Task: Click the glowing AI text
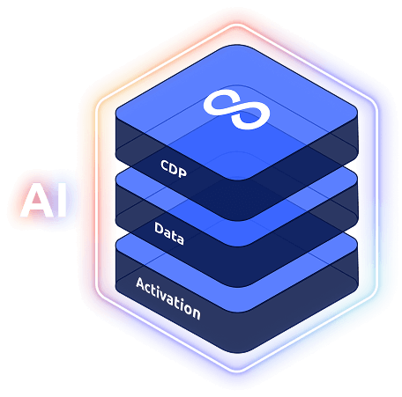[x=43, y=200]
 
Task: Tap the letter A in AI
[x=37, y=200]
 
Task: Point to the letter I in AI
[x=62, y=200]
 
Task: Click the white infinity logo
[x=236, y=109]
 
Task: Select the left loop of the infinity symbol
[x=220, y=103]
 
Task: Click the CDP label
[x=174, y=169]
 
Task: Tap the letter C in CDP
[x=165, y=165]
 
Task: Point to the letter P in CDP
[x=182, y=173]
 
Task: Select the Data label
[x=169, y=233]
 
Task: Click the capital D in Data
[x=159, y=228]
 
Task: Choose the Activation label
[x=168, y=298]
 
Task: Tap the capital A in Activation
[x=141, y=284]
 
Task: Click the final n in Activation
[x=197, y=312]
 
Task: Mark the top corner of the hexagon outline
[x=236, y=25]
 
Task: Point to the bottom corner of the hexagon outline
[x=236, y=371]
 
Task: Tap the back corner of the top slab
[x=237, y=46]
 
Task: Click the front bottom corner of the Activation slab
[x=237, y=352]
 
